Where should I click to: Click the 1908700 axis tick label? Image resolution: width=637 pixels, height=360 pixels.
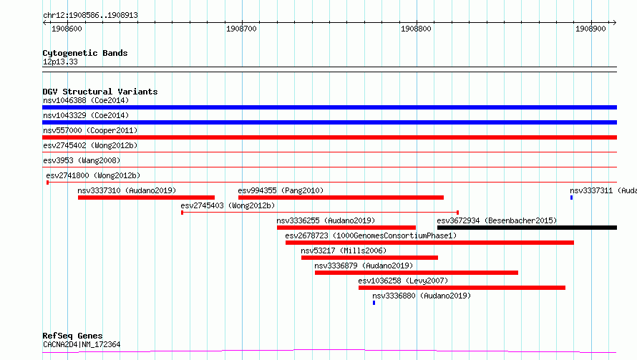(x=241, y=29)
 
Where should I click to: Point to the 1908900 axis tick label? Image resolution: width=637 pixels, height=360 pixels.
(x=590, y=29)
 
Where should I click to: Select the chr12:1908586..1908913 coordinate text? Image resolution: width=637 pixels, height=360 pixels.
(x=90, y=16)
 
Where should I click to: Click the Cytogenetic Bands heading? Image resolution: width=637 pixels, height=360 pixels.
(x=85, y=53)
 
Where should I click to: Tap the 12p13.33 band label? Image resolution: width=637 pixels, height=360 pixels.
(x=60, y=62)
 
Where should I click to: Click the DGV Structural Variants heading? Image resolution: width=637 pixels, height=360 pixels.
(x=100, y=92)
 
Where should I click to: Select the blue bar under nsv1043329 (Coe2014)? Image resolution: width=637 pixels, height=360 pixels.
(x=329, y=122)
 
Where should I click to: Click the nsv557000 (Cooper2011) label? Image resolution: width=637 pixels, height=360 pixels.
(x=90, y=130)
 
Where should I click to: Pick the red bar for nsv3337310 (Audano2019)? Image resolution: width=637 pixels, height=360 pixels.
(x=146, y=198)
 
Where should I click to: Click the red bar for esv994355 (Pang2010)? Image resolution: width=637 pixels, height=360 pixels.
(x=341, y=198)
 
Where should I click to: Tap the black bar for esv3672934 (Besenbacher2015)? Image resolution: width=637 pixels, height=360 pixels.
(x=527, y=228)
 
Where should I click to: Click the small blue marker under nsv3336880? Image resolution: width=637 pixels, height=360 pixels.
(x=374, y=303)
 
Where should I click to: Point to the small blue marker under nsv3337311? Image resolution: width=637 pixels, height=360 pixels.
(x=571, y=198)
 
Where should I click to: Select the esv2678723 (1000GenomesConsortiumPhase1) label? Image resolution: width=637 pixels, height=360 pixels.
(x=371, y=235)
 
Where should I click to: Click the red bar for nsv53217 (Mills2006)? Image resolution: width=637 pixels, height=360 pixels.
(x=370, y=258)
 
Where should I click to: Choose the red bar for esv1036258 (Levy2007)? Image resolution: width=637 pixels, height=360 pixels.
(x=462, y=288)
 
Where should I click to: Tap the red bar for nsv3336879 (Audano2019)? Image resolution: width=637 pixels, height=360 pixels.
(x=417, y=273)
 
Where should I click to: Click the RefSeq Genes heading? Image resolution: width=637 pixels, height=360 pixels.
(x=72, y=336)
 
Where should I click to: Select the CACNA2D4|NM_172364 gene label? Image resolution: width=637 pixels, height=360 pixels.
(x=82, y=344)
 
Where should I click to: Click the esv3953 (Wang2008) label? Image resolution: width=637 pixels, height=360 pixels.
(x=82, y=160)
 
